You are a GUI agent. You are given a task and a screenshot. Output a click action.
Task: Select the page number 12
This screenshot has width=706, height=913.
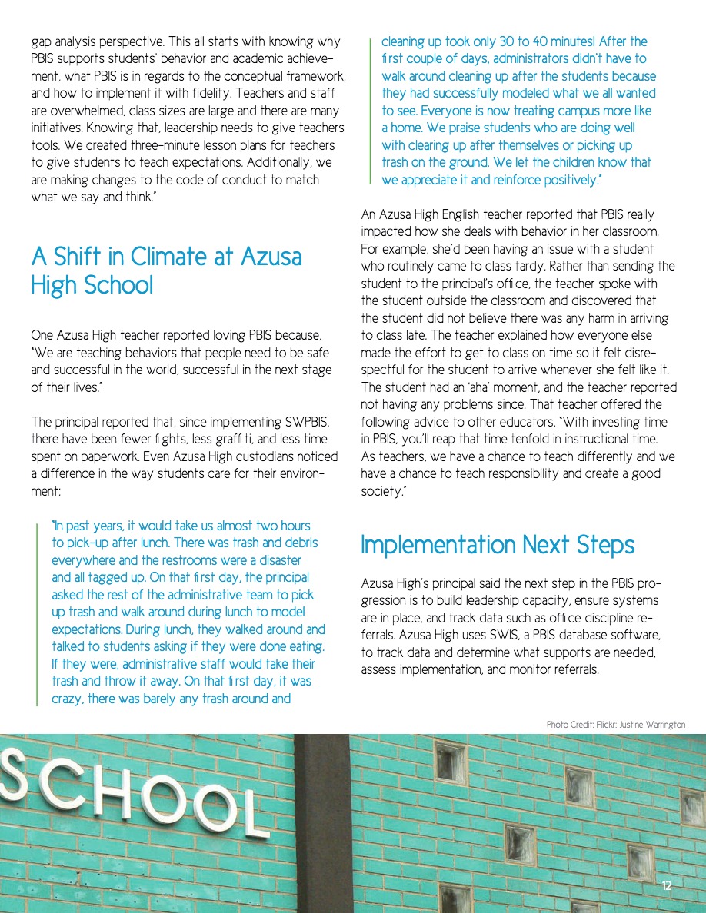(x=667, y=886)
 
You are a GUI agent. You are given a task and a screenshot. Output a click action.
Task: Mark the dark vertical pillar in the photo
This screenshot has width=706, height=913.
(x=322, y=822)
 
